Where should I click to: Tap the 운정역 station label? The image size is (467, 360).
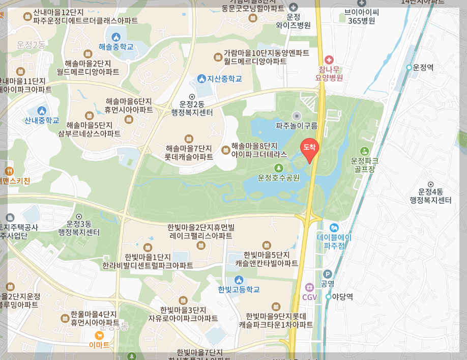423,67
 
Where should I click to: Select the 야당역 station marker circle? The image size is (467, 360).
329,296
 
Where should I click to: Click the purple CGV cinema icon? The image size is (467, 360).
309,288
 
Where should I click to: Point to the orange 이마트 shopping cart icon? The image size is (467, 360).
99,335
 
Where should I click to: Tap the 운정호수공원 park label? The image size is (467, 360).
278,178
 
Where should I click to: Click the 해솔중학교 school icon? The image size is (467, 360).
115,37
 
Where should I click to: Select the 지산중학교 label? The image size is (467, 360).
224,79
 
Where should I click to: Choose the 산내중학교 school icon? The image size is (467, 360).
42,110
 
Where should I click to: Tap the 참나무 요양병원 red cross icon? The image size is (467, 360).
329,60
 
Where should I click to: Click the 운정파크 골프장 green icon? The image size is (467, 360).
364,151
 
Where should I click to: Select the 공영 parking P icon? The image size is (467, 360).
327,274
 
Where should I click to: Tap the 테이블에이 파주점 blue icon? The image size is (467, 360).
334,228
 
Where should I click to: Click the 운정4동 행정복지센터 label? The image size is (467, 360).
431,196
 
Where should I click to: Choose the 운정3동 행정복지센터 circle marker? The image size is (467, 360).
79,216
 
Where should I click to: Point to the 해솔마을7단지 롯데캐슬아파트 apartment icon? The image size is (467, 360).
189,139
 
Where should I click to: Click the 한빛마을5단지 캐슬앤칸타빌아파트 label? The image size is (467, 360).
267,259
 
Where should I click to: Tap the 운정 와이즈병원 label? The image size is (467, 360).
293,20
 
